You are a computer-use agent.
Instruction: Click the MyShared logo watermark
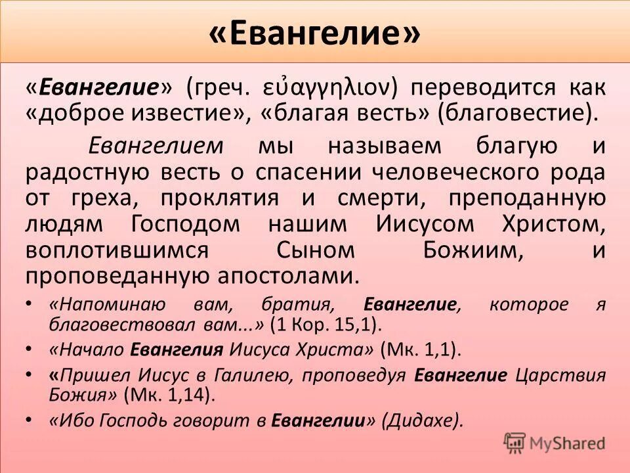(555, 443)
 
